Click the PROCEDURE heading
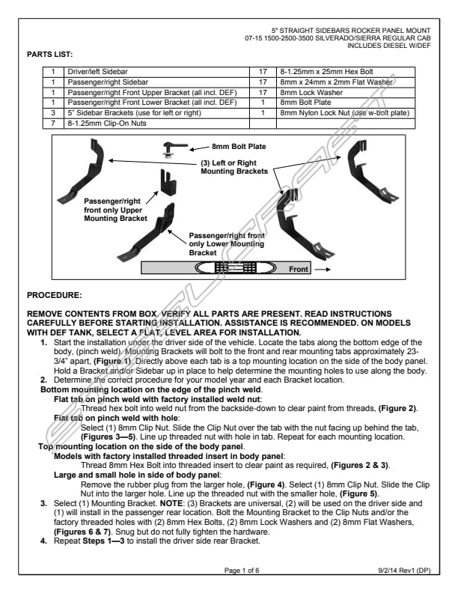coord(53,296)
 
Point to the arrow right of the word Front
coord(325,268)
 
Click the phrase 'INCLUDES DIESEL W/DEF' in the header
coord(385,43)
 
